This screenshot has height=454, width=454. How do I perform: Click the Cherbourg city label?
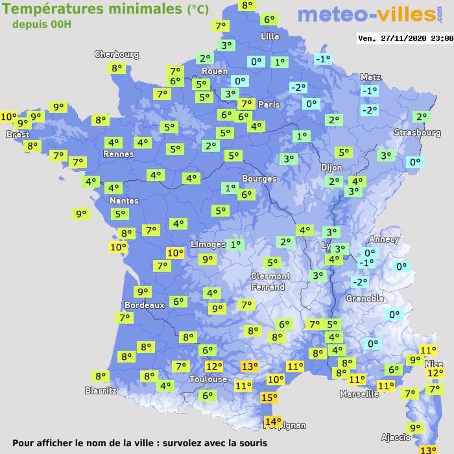pos(117,54)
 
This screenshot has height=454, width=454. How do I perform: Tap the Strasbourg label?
pos(417,133)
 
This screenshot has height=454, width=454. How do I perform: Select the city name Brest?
pos(18,134)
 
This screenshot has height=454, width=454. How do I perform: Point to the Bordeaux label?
pos(144,305)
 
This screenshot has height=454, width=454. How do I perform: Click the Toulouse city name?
pos(208,379)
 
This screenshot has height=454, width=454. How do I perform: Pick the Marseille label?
pos(359,394)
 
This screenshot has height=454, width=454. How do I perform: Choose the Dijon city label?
pos(331,167)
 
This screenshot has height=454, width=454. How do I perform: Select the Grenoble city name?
pos(365,299)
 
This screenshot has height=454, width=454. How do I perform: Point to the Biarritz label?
pos(101,390)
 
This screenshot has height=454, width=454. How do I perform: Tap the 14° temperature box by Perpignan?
pos(273,422)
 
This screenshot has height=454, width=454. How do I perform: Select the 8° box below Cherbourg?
pos(117,68)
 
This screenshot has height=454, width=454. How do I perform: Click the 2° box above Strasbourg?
pos(421,117)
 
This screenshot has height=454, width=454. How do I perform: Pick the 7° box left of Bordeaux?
pos(125,318)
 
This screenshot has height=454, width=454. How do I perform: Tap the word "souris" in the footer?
pos(252,443)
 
